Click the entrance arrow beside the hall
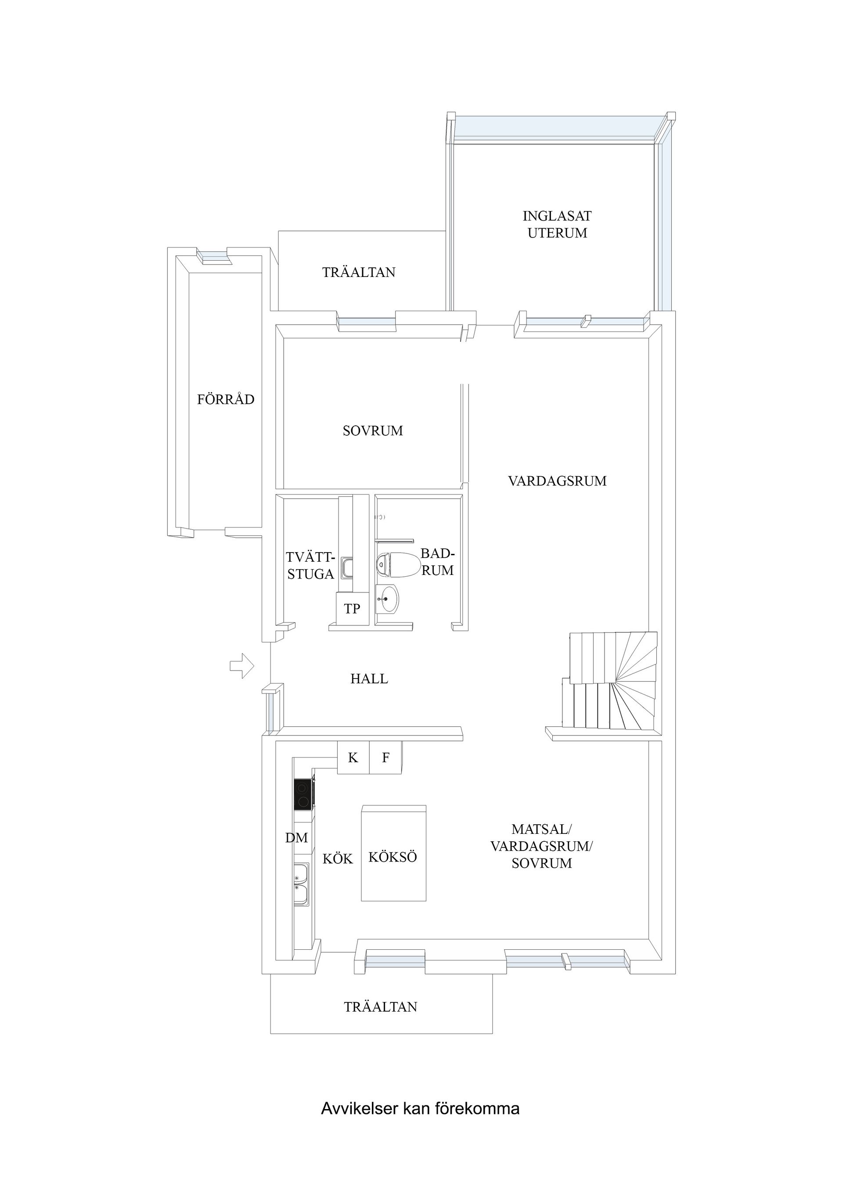[x=241, y=666]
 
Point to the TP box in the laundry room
[x=352, y=608]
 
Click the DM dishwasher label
[x=296, y=837]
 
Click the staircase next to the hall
[x=613, y=681]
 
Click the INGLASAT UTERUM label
[x=557, y=224]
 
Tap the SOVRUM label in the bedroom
[x=372, y=431]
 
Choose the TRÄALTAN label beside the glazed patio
[x=358, y=273]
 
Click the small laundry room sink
[x=347, y=567]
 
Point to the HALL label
[x=369, y=679]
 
